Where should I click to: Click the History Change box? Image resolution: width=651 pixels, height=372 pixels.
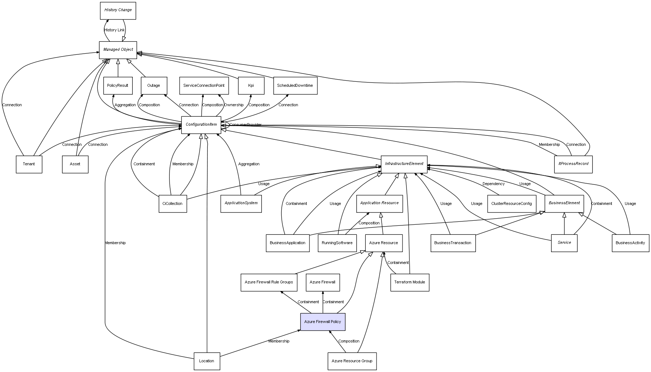click(118, 10)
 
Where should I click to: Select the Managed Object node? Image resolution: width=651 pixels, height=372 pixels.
click(118, 50)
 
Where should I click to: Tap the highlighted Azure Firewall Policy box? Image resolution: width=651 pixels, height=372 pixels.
click(322, 322)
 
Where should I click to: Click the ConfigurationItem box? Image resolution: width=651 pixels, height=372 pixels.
click(201, 125)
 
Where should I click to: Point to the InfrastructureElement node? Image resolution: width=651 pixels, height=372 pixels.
click(404, 164)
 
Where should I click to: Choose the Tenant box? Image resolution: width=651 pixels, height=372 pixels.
click(29, 164)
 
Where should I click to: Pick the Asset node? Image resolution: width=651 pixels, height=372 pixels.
click(75, 164)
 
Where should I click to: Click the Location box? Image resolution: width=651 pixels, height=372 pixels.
click(207, 361)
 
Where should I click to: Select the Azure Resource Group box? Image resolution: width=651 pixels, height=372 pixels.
click(352, 361)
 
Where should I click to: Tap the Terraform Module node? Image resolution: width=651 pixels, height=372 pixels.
click(409, 282)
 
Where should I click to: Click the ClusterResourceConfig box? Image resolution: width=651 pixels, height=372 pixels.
click(511, 203)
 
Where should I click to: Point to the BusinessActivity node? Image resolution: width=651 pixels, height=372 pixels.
click(630, 243)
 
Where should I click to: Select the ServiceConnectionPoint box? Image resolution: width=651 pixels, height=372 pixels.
click(204, 86)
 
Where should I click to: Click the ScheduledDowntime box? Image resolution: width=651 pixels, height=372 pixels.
click(295, 86)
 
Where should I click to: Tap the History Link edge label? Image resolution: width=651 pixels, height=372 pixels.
click(114, 30)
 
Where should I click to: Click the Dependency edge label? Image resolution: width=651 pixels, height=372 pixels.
click(493, 184)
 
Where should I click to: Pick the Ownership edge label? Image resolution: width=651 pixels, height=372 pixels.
click(234, 105)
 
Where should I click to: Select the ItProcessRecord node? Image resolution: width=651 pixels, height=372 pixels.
click(573, 164)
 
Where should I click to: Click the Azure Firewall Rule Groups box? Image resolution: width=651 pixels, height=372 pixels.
click(269, 282)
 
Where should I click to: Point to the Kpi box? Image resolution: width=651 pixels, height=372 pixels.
click(251, 86)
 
